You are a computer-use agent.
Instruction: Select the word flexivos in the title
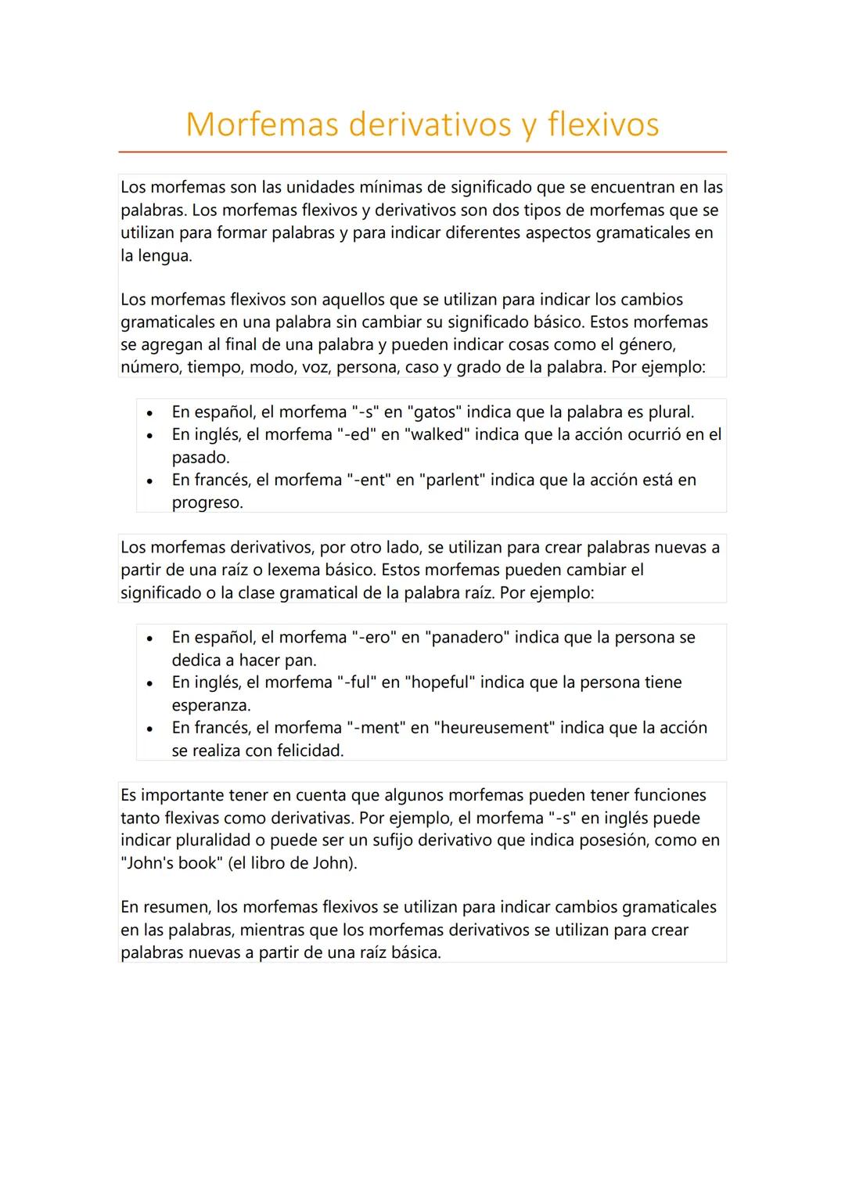pos(603,124)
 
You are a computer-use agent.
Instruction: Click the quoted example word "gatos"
pos(434,412)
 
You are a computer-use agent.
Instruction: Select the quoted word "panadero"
pos(466,637)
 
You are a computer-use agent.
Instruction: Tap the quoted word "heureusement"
pos(494,728)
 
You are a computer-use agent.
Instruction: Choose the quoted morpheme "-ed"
pos(356,434)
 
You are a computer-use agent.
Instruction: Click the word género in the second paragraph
pos(646,345)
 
